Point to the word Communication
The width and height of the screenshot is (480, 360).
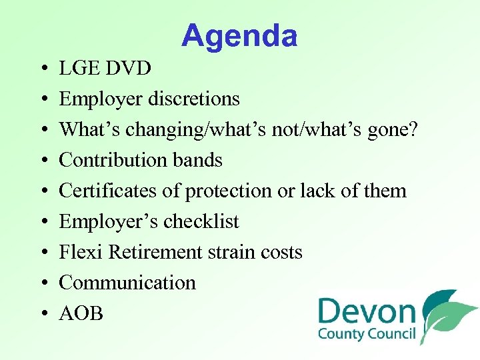coord(127,283)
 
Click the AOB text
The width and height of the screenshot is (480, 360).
coord(81,313)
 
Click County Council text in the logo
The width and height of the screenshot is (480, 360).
coord(367,333)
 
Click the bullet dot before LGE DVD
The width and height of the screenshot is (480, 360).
coord(42,68)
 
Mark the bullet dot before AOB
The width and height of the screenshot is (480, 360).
coord(42,313)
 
